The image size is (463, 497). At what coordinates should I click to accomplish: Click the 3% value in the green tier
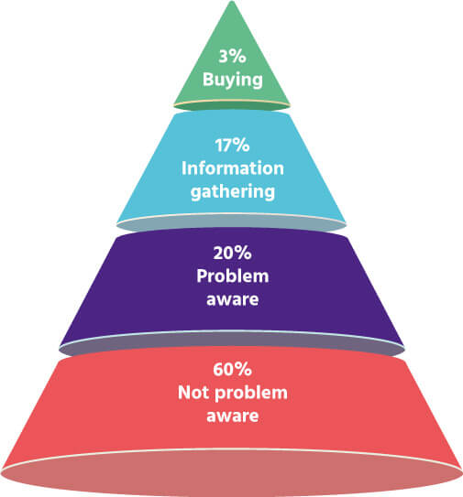click(233, 57)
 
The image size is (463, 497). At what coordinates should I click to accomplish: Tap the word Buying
click(233, 80)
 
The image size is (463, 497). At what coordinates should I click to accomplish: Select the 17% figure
click(232, 146)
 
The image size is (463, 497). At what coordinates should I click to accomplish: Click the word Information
click(233, 168)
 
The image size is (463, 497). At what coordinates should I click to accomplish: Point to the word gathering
click(233, 192)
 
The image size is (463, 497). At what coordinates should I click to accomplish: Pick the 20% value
click(233, 253)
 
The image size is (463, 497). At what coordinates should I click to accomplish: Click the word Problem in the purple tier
click(233, 276)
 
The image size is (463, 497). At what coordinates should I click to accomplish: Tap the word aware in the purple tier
click(233, 300)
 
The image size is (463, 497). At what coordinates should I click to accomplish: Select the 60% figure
click(233, 369)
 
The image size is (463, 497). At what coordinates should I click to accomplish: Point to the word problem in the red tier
click(251, 394)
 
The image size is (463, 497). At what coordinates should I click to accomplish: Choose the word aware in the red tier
click(233, 416)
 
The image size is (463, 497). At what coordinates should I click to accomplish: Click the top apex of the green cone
click(232, 1)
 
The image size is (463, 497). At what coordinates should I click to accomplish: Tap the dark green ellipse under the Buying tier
click(232, 107)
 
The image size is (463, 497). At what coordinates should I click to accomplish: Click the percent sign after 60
click(244, 369)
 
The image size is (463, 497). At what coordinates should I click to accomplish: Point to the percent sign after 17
click(241, 146)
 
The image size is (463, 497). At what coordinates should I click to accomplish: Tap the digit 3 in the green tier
click(223, 57)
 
